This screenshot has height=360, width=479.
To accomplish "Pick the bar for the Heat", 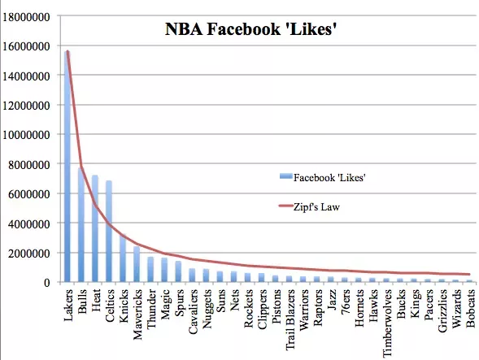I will pos(94,228).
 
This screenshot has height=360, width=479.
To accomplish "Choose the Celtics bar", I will pos(108,232).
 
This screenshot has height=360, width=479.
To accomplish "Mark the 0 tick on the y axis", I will pos(51,283).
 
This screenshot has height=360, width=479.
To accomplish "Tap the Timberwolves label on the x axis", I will pos(386,323).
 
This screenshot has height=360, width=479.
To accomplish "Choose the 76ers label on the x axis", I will pos(345,304).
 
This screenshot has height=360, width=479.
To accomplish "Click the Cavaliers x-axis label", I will pos(191,314).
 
